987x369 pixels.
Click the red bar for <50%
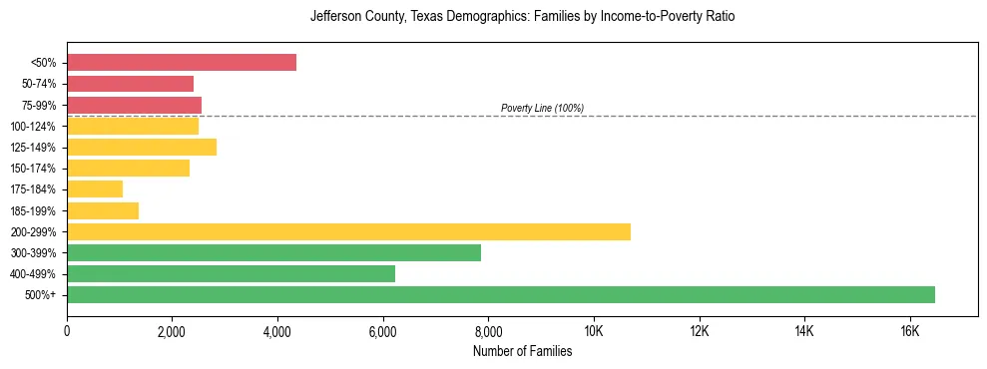(182, 62)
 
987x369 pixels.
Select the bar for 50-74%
(131, 84)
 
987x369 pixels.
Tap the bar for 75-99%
(135, 105)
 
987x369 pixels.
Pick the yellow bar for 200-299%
(349, 231)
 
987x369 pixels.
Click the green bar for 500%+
(501, 294)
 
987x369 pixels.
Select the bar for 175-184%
(95, 189)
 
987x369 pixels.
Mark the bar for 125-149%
(142, 148)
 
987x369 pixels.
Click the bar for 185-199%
(103, 210)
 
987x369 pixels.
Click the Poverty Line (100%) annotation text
(542, 108)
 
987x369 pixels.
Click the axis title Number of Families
(522, 351)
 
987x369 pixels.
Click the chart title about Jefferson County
(522, 17)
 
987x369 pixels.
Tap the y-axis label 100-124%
(33, 127)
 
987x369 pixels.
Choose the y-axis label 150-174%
(33, 169)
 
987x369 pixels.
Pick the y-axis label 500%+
(41, 295)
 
